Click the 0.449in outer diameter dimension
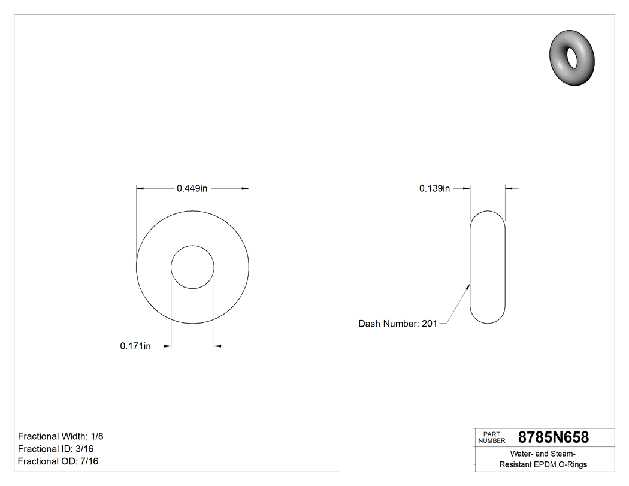pos(192,188)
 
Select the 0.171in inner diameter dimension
pos(135,346)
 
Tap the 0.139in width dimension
pos(434,188)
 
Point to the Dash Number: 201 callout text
pos(397,324)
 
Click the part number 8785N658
pos(553,437)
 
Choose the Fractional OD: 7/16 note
pos(58,461)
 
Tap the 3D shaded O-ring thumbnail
pos(572,59)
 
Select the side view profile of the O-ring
pos(488,267)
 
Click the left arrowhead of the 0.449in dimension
pos(140,188)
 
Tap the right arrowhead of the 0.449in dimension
pos(245,188)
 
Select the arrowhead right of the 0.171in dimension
pos(218,346)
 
